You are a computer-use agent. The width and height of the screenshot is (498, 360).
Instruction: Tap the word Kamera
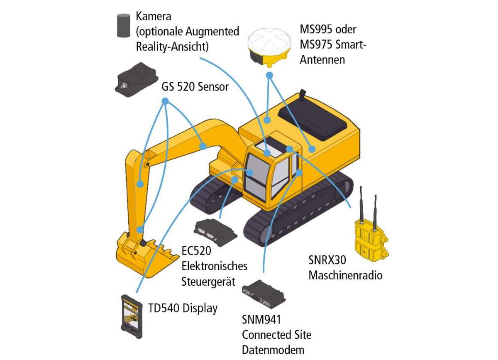[x=154, y=17]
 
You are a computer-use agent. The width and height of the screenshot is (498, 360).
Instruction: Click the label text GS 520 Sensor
[x=195, y=87]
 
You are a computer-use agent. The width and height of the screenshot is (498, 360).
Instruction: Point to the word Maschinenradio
[x=345, y=275]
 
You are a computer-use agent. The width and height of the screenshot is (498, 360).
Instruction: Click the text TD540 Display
[x=183, y=309]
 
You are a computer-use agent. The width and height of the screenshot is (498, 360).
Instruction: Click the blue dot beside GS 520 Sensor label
[x=165, y=101]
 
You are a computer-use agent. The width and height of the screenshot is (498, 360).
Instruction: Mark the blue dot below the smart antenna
[x=269, y=76]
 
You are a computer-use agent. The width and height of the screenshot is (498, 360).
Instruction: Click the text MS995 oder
[x=328, y=30]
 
